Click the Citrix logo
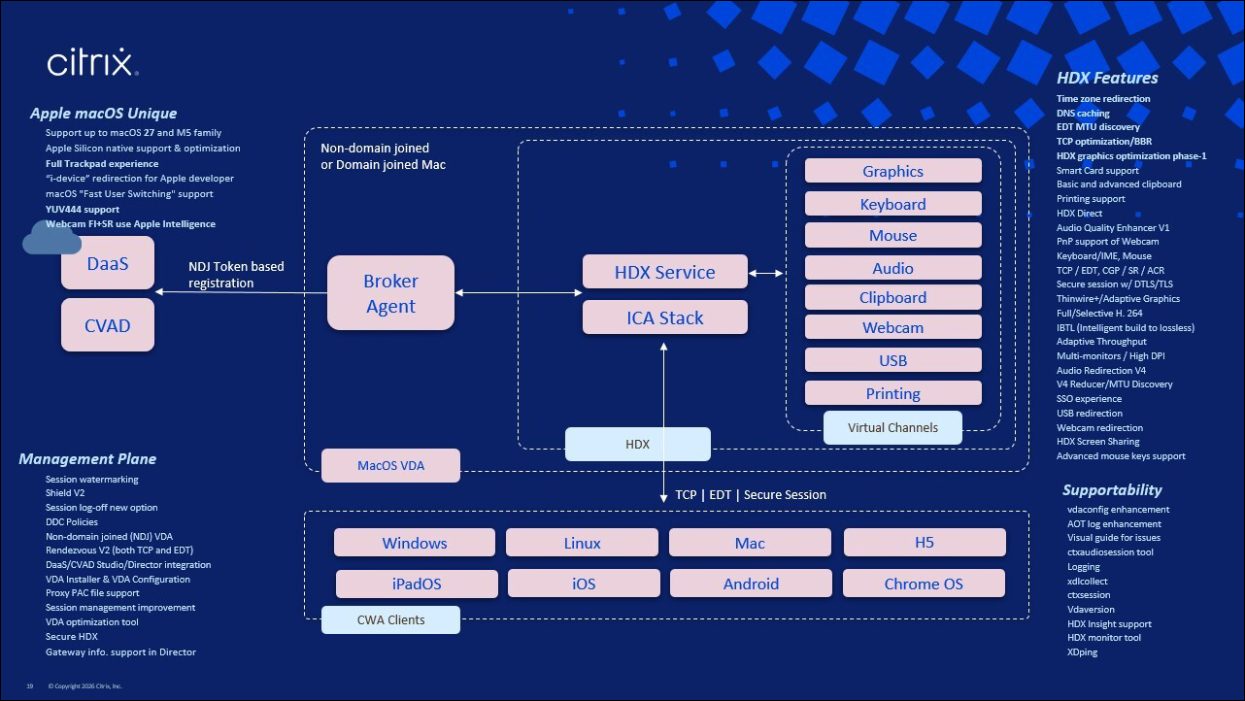pyautogui.click(x=92, y=62)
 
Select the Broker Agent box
pyautogui.click(x=390, y=293)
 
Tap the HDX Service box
pyautogui.click(x=664, y=272)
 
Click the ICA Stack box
pyautogui.click(x=664, y=317)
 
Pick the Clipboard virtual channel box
pyautogui.click(x=893, y=297)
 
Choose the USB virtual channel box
pyautogui.click(x=893, y=360)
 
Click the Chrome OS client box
pyautogui.click(x=924, y=584)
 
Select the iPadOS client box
pyautogui.click(x=417, y=584)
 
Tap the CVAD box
pyautogui.click(x=108, y=325)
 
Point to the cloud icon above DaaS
pyautogui.click(x=51, y=238)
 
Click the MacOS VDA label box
pyautogui.click(x=390, y=465)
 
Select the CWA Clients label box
pyautogui.click(x=390, y=619)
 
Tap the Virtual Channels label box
pyautogui.click(x=892, y=428)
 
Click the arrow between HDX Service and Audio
pyautogui.click(x=766, y=273)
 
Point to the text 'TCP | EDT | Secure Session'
pyautogui.click(x=751, y=495)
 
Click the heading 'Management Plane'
pyautogui.click(x=87, y=459)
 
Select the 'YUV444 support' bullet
pyautogui.click(x=83, y=210)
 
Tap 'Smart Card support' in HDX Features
pyautogui.click(x=1097, y=171)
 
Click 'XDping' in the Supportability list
pyautogui.click(x=1082, y=652)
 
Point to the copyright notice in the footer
pyautogui.click(x=85, y=686)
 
